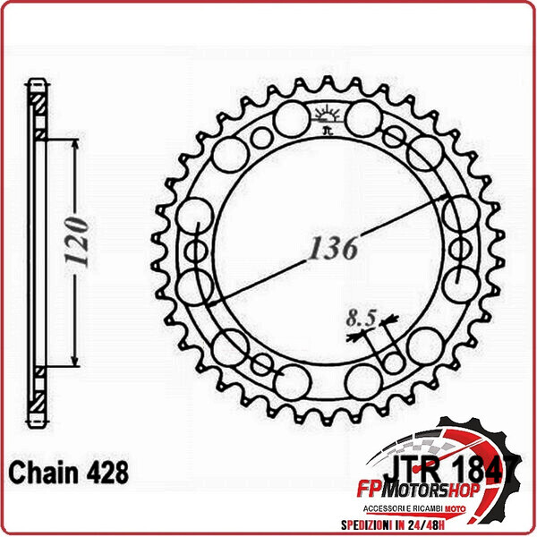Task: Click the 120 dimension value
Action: pyautogui.click(x=77, y=243)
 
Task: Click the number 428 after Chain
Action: pyautogui.click(x=107, y=471)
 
